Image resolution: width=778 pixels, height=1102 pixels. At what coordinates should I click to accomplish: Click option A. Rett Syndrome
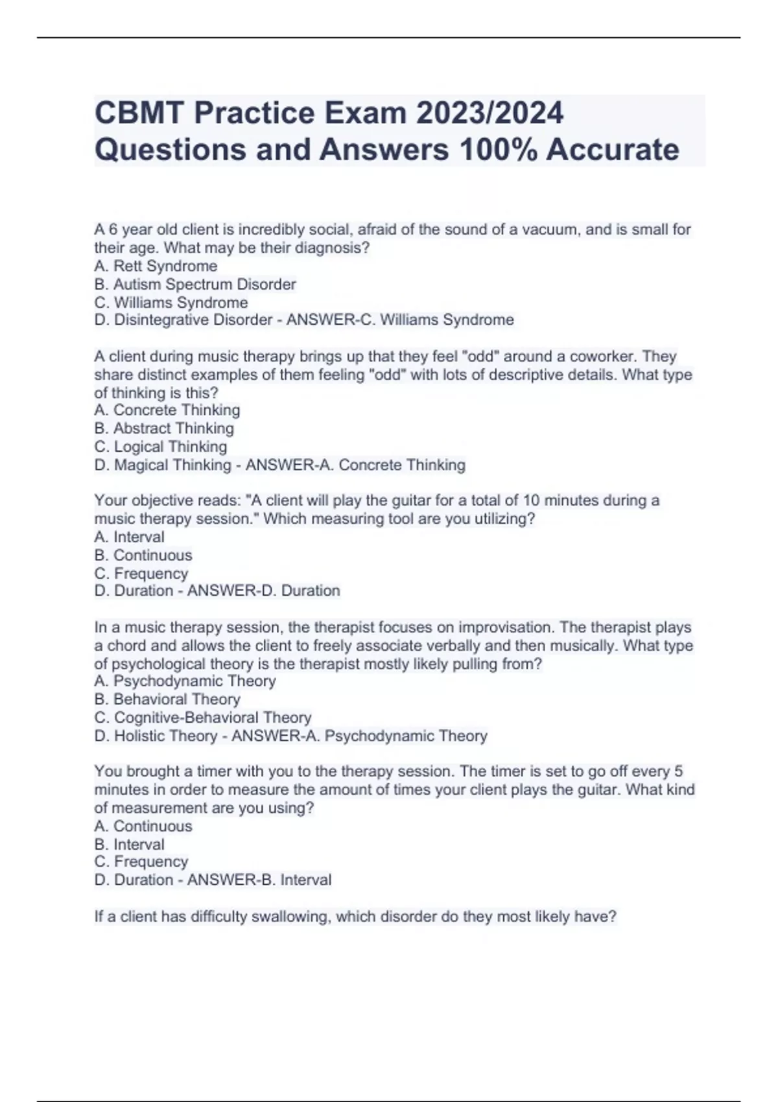click(x=156, y=266)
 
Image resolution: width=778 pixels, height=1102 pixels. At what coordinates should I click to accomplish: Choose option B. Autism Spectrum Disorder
click(x=195, y=284)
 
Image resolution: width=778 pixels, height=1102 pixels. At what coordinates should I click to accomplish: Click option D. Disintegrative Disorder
click(x=183, y=320)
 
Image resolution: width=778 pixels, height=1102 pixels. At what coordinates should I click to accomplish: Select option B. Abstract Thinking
click(x=164, y=428)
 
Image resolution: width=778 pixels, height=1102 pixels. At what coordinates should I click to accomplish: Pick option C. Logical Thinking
click(x=161, y=447)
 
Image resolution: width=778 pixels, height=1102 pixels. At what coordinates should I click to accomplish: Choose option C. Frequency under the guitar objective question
click(x=141, y=573)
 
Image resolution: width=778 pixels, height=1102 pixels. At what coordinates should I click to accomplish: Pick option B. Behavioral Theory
click(x=167, y=699)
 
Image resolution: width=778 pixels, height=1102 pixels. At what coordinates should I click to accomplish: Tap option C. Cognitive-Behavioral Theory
click(x=203, y=718)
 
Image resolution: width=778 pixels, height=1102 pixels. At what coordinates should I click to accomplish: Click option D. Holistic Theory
click(x=156, y=736)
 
